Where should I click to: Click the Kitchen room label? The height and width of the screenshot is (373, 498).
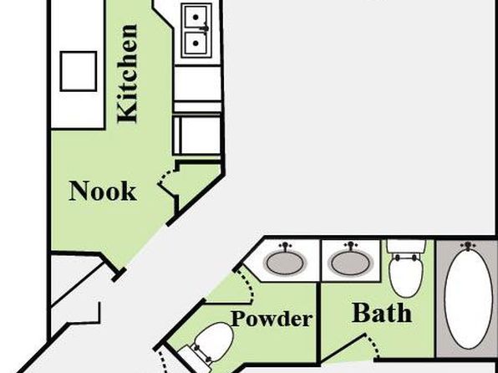pos(127,74)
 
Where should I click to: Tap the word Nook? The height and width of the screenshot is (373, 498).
pos(103,191)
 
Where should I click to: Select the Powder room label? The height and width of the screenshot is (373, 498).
pos(272,319)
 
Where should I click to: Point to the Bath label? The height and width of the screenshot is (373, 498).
pos(382,313)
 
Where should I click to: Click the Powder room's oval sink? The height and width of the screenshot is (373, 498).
pos(285,263)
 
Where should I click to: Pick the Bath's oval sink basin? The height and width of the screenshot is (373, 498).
pos(350,263)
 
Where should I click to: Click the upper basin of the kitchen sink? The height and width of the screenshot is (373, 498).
pos(196,18)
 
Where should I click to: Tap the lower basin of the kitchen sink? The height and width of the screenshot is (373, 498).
pos(196,43)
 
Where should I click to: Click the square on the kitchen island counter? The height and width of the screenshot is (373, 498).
pos(79,71)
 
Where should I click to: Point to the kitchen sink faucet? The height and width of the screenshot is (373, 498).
pos(205,28)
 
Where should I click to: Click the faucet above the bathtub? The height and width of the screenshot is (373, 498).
pos(468,246)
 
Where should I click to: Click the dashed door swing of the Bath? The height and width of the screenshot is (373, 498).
pos(373,345)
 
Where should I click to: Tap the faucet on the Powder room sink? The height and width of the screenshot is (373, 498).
pos(286,246)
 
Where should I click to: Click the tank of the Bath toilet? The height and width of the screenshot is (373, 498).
pos(406,246)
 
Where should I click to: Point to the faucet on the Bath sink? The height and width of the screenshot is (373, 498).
pos(351,246)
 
